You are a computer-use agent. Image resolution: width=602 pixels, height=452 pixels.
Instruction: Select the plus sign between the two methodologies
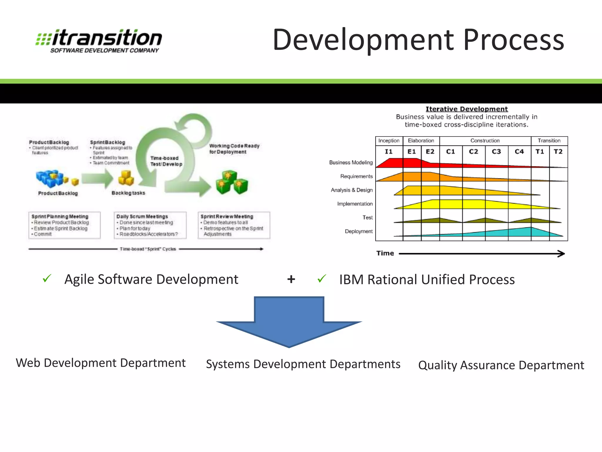(x=291, y=279)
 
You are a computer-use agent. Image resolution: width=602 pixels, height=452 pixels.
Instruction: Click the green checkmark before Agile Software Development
(x=47, y=278)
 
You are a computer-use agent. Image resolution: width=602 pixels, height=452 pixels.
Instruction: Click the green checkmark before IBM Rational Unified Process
(x=322, y=278)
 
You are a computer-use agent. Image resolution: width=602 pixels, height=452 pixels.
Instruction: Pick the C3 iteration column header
(x=496, y=152)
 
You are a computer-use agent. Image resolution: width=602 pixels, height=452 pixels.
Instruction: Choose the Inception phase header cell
(x=389, y=141)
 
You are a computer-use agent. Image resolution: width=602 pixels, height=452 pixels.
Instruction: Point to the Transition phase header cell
(x=549, y=141)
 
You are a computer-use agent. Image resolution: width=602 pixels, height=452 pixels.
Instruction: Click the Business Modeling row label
(x=351, y=162)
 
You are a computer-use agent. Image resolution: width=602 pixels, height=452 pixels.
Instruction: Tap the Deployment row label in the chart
(x=359, y=231)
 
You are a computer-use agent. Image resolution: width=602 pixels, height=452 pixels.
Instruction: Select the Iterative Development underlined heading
(x=466, y=109)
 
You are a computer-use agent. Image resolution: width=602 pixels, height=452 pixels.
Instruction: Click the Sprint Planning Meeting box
(x=64, y=225)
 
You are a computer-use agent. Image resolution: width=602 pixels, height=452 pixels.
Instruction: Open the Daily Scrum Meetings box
(x=150, y=225)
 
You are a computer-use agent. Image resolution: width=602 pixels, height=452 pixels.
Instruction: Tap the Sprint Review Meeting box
(x=234, y=225)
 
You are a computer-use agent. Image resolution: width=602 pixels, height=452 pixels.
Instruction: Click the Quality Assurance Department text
(x=501, y=365)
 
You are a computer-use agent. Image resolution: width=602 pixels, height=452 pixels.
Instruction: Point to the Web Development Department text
(x=101, y=363)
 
